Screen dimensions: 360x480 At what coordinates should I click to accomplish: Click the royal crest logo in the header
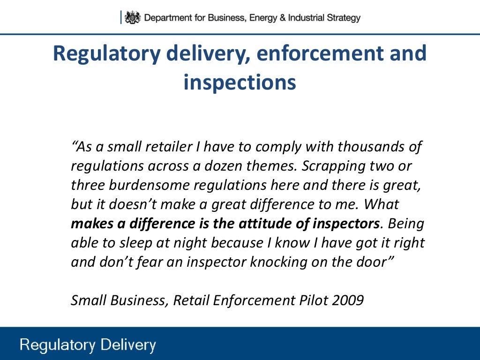pyautogui.click(x=133, y=18)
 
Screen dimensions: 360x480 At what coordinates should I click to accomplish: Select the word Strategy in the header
pyautogui.click(x=343, y=18)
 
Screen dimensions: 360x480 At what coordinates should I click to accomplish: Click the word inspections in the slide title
pyautogui.click(x=240, y=82)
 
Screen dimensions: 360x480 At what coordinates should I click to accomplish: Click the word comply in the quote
pyautogui.click(x=276, y=147)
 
